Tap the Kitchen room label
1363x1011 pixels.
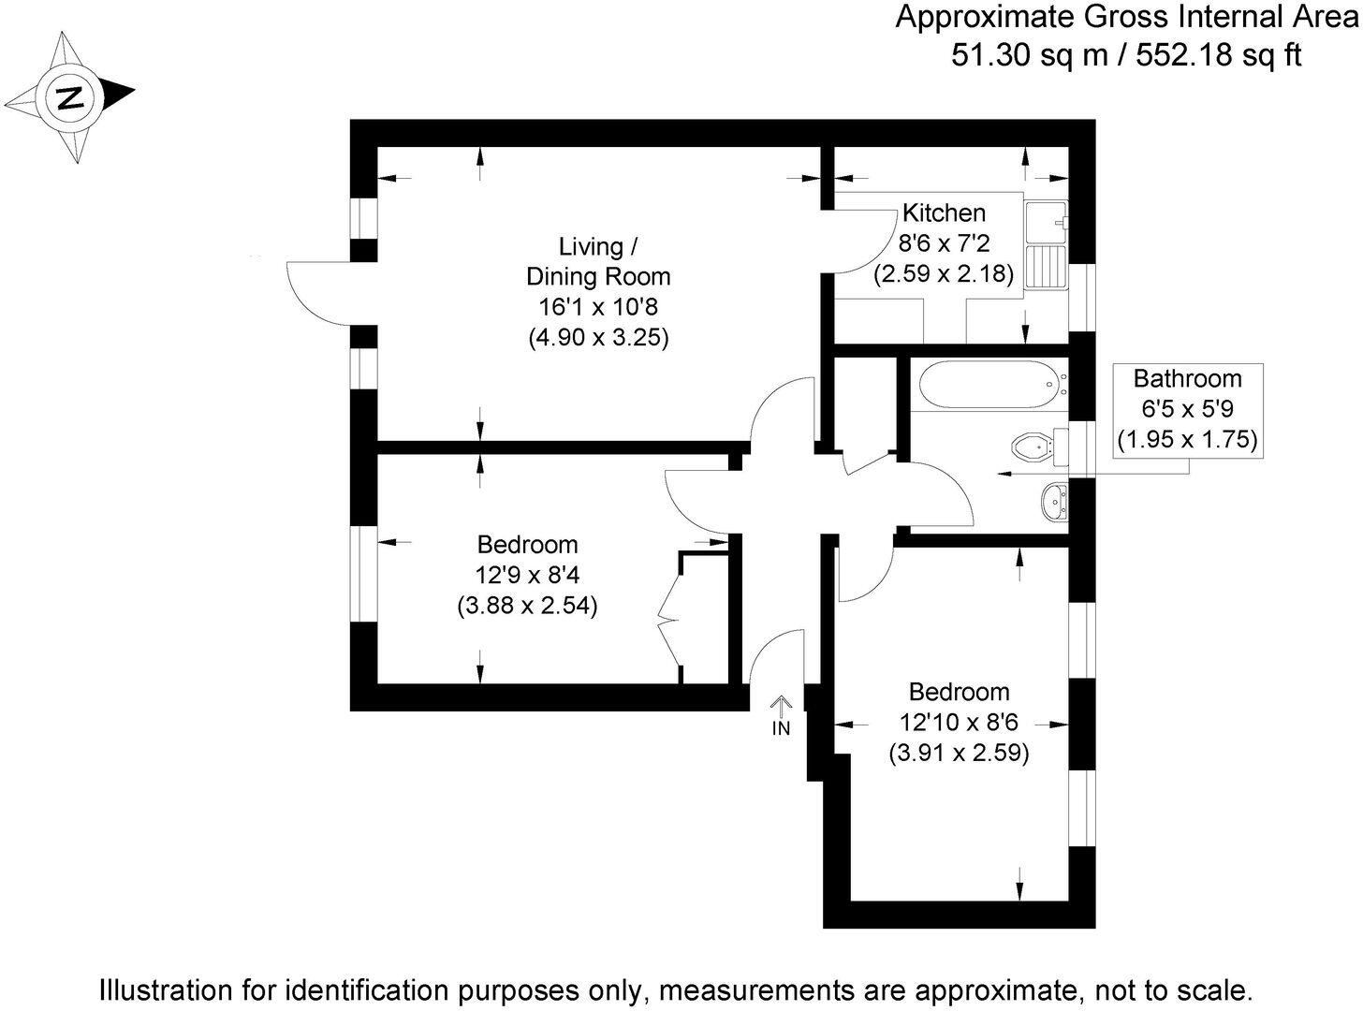[944, 212]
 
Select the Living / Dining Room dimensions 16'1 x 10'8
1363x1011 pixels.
[598, 307]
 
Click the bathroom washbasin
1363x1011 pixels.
[1053, 503]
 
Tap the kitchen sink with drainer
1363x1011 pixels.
[1048, 246]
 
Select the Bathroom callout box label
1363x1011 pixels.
[1187, 378]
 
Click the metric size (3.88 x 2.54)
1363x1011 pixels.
[528, 606]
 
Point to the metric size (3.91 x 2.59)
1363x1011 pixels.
[959, 753]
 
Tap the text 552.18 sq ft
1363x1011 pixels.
[1218, 55]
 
